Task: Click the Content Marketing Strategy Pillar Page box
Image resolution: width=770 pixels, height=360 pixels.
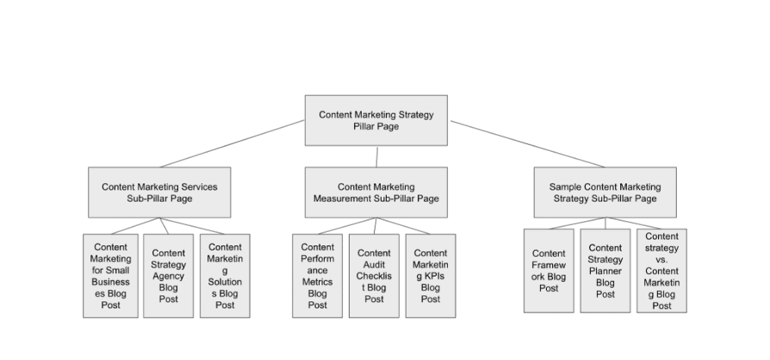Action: tap(376, 120)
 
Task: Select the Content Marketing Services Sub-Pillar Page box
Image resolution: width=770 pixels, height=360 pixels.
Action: tap(159, 192)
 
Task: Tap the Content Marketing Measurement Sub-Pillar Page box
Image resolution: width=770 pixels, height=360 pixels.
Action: tap(376, 192)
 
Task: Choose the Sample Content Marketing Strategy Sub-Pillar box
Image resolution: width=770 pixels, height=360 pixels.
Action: tap(605, 192)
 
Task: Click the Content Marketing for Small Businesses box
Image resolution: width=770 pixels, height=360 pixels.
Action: tap(110, 276)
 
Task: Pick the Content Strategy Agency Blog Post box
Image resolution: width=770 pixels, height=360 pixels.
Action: tap(168, 276)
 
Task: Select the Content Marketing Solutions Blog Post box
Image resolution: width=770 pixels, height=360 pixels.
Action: tap(225, 276)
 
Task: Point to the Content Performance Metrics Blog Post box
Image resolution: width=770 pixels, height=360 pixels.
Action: tap(318, 276)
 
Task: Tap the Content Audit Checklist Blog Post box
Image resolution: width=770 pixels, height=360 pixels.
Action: tap(374, 276)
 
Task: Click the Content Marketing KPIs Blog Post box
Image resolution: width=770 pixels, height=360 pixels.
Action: tap(431, 276)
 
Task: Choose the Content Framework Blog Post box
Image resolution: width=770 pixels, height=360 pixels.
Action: tap(549, 270)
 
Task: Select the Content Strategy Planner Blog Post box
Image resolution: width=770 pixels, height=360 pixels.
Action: tap(605, 270)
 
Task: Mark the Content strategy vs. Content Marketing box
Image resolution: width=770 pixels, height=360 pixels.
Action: tap(661, 270)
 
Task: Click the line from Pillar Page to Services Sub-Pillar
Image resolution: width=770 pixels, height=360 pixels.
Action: tap(233, 143)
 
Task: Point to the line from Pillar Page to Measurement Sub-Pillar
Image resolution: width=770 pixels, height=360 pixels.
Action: tap(377, 156)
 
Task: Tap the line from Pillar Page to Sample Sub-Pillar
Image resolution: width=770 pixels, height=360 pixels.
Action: tap(527, 143)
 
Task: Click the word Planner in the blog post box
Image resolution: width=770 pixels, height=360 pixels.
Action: tap(605, 270)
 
